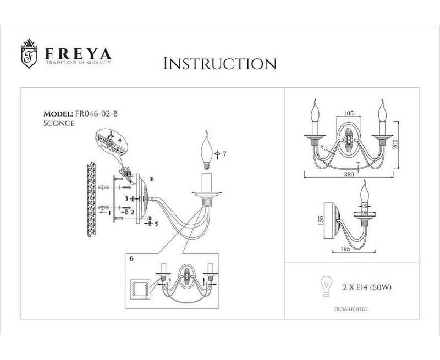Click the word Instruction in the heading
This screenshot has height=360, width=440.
click(x=220, y=64)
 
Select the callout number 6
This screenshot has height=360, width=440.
click(x=130, y=258)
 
